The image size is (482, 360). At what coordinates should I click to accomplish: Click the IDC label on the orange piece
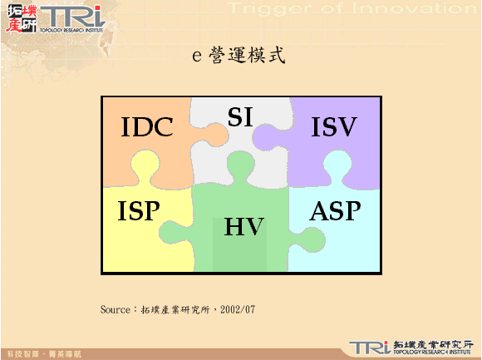147,127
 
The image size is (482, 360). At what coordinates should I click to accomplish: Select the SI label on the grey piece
240,117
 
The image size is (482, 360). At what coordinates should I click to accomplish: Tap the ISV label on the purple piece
333,127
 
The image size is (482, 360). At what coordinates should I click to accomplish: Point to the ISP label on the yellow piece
138,211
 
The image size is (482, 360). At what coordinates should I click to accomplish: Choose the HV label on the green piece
243,227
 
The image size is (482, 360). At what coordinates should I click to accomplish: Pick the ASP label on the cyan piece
335,211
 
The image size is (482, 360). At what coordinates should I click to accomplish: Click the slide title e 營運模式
239,57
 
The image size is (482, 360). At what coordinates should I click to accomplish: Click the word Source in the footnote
115,309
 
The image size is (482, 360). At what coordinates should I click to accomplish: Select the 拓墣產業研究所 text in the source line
175,309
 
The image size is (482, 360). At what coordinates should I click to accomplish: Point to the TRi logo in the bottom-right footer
368,347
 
